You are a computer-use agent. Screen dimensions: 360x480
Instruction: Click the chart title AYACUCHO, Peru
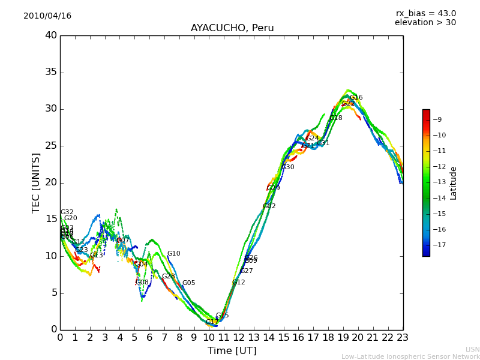[x=232, y=28]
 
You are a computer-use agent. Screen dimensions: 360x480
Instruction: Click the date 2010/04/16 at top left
[x=47, y=16]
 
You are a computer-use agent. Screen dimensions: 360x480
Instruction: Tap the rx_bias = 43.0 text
[x=425, y=14]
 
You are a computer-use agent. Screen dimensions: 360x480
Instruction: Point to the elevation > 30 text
[x=425, y=23]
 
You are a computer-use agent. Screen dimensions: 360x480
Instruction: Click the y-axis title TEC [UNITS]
[x=37, y=182]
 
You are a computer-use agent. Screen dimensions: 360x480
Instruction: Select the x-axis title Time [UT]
[x=232, y=350]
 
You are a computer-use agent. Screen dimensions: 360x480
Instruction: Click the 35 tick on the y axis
[x=51, y=72]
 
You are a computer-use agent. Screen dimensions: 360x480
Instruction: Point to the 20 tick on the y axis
[x=51, y=182]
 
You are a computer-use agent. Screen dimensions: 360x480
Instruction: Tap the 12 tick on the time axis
[x=239, y=338]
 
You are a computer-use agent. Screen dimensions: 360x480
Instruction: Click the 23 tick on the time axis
[x=403, y=338]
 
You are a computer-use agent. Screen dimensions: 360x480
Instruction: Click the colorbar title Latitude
[x=454, y=183]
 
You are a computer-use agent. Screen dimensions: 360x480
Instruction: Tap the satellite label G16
[x=356, y=98]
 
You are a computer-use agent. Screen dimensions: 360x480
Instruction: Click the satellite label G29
[x=274, y=188]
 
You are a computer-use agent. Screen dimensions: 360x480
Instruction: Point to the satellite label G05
[x=189, y=283]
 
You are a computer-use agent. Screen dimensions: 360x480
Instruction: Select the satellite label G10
[x=174, y=254]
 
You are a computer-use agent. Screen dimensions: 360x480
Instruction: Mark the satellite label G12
[x=239, y=283]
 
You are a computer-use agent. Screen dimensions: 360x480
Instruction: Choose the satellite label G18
[x=336, y=118]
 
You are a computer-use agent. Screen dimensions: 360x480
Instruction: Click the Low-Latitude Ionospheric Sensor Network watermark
[x=410, y=357]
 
